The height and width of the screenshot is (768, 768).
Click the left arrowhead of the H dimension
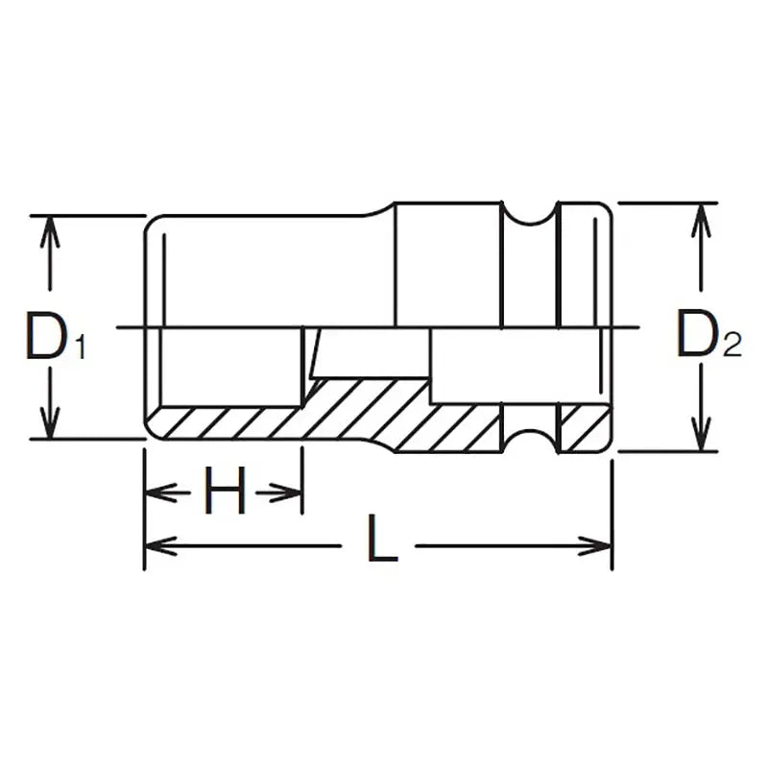(x=156, y=493)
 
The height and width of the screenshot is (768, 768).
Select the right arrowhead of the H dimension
(x=292, y=493)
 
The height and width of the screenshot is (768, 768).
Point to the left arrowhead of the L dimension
(x=156, y=546)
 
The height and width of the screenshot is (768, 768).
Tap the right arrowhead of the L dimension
(x=599, y=546)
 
